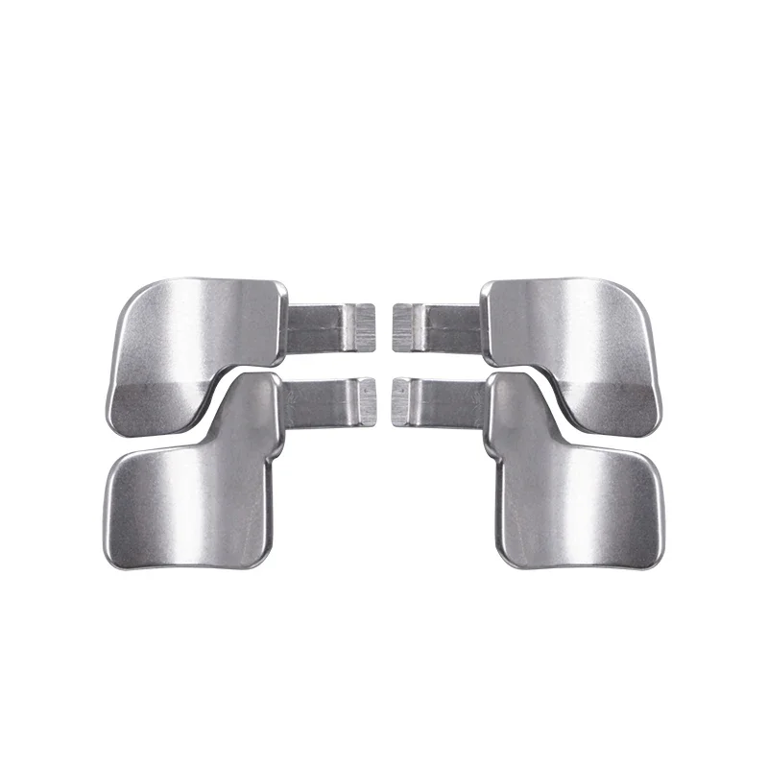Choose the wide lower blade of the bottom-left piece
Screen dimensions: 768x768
pos(187,504)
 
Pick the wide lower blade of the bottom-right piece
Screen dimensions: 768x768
pos(581,504)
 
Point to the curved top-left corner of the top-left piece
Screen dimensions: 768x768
pos(134,298)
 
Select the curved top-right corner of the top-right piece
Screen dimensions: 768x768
pos(634,298)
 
